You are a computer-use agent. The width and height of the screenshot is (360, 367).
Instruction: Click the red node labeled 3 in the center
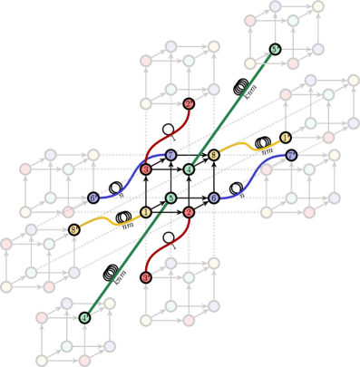click(x=146, y=169)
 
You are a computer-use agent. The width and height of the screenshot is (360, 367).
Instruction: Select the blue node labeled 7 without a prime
click(x=170, y=155)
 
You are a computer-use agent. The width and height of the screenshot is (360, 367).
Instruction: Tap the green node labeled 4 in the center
click(x=189, y=169)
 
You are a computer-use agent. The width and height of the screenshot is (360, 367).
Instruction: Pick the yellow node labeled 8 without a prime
click(x=214, y=155)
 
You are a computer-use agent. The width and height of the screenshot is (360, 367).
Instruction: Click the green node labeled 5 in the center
click(x=170, y=198)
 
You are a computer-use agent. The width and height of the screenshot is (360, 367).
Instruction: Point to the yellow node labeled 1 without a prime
click(x=146, y=212)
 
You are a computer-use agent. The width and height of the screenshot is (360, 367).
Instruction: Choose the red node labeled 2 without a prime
click(x=189, y=212)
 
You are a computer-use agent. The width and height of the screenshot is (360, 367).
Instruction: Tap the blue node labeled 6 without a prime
click(x=214, y=198)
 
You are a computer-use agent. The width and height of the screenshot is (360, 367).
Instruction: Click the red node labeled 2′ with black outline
click(x=189, y=104)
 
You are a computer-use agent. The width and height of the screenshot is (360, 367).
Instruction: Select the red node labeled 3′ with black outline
click(x=146, y=277)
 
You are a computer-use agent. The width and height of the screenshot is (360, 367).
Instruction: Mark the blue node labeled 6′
click(x=92, y=198)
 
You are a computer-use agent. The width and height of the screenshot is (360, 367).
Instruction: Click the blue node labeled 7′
click(x=291, y=155)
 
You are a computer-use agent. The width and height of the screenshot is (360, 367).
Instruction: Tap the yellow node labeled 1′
click(x=286, y=137)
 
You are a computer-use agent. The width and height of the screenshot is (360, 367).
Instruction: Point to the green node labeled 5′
click(x=275, y=49)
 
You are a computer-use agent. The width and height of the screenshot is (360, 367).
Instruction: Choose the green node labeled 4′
click(x=84, y=317)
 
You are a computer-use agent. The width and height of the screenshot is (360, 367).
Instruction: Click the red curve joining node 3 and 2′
click(x=168, y=137)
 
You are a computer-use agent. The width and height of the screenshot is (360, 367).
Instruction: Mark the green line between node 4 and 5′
click(x=231, y=110)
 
